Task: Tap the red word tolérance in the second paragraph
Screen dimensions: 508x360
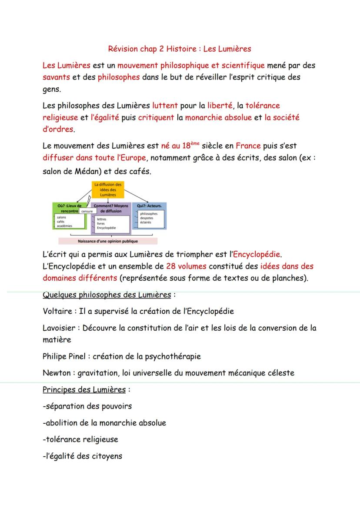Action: pos(263,105)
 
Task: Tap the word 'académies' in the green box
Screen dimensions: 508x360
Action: pos(65,226)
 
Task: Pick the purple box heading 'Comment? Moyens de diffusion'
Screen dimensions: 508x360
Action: pos(109,208)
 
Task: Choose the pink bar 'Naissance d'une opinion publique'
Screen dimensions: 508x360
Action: pos(108,241)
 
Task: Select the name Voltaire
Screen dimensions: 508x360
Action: pos(57,311)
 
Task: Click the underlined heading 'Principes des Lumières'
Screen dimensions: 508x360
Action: pos(84,389)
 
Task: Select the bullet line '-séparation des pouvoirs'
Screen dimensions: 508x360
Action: pos(87,406)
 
